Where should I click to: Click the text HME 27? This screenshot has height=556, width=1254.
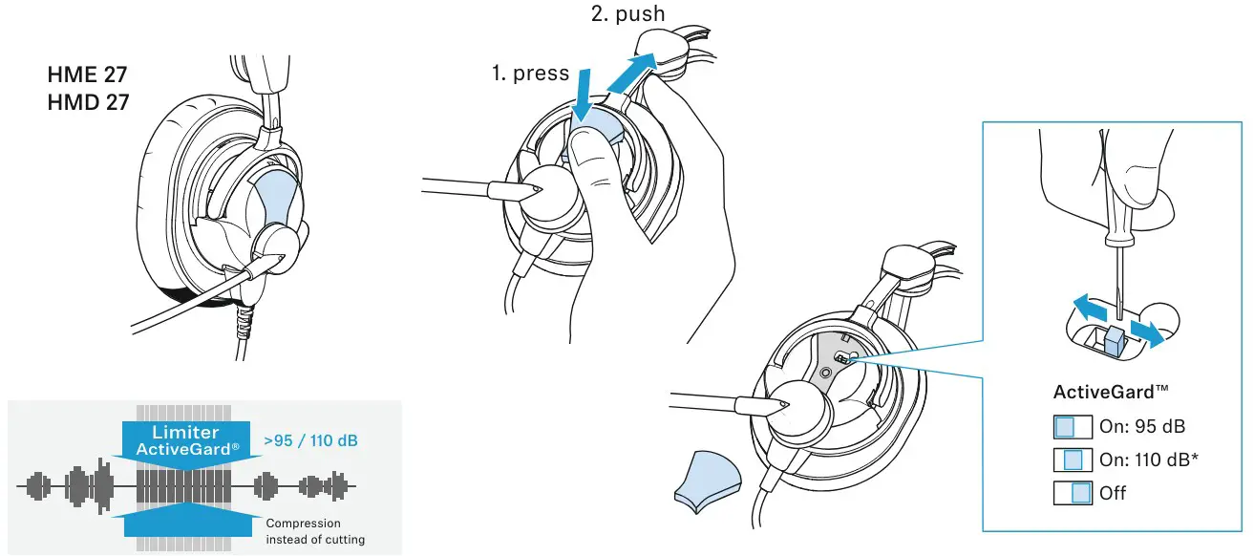pos(87,75)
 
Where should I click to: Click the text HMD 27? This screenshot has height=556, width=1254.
pos(88,101)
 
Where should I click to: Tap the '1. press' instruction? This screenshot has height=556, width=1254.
pos(530,74)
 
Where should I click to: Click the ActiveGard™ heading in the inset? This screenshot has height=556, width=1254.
pos(1111,392)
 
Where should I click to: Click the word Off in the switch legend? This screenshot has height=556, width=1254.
pos(1113,493)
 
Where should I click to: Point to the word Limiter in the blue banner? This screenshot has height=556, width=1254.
pos(185,433)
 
